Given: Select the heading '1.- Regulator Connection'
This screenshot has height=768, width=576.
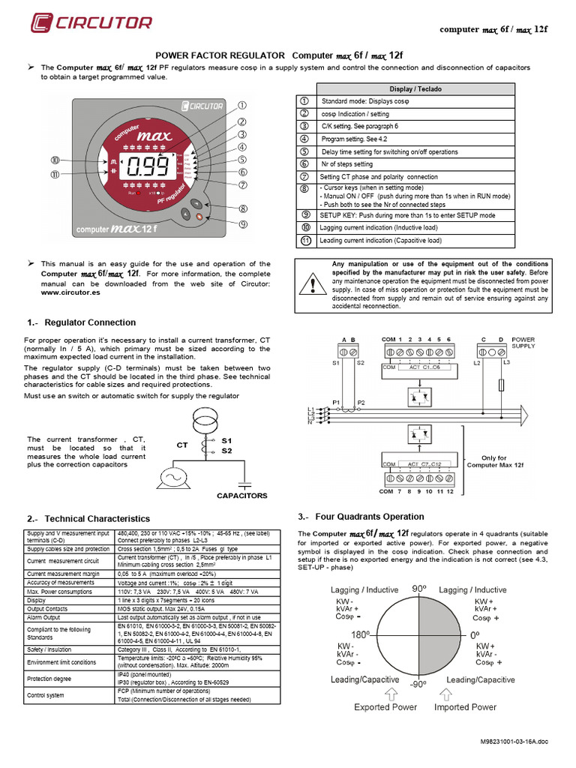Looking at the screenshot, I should click(x=81, y=322).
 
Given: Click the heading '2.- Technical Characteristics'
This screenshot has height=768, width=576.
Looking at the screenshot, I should click(x=88, y=518).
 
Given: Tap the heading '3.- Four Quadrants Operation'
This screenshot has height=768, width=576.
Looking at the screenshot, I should click(x=361, y=517).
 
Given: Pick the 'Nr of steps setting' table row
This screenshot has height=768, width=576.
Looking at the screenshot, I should click(x=346, y=163).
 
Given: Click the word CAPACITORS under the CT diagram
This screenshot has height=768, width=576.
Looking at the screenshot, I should click(x=241, y=496).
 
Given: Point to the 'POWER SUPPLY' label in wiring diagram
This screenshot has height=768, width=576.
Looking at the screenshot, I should click(x=523, y=343).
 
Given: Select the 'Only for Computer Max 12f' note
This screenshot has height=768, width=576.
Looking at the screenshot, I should click(x=487, y=461).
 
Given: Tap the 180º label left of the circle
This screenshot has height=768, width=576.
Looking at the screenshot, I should click(x=361, y=634).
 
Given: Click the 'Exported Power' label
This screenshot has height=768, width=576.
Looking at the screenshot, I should click(x=385, y=706).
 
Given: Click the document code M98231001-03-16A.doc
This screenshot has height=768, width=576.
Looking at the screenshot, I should click(x=514, y=741).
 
